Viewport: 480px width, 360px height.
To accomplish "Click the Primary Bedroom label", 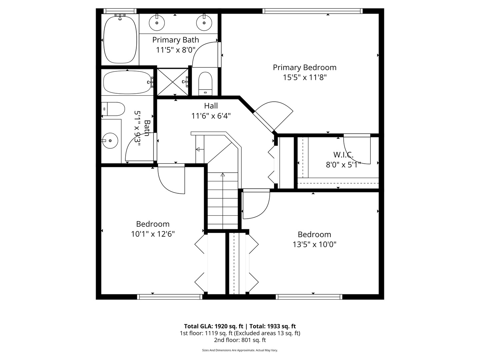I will click(x=304, y=67).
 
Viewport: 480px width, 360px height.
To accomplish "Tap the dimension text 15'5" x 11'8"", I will click(x=304, y=78).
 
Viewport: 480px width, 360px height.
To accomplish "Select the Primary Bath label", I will click(x=175, y=40).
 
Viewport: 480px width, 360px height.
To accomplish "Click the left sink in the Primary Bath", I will click(x=156, y=23).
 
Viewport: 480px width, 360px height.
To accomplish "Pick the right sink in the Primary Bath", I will click(x=204, y=23).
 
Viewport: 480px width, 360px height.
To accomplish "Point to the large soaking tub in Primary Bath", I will click(x=120, y=38).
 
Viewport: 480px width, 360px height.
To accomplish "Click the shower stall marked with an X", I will click(x=172, y=82).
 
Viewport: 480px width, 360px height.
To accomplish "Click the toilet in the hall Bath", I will click(x=113, y=109).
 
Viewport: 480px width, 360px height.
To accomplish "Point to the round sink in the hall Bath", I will click(x=110, y=140).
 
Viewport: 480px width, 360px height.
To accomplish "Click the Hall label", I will click(x=211, y=106).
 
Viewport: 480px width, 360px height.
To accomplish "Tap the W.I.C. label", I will click(x=343, y=155).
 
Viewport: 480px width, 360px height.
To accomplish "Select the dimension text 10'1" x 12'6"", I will click(x=153, y=234).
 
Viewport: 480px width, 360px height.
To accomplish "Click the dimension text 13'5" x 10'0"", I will click(x=314, y=244).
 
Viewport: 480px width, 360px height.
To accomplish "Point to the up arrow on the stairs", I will click(x=223, y=175).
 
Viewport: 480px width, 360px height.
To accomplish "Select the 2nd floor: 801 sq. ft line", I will click(x=240, y=340).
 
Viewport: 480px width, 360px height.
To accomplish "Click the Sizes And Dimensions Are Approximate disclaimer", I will click(x=240, y=350).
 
